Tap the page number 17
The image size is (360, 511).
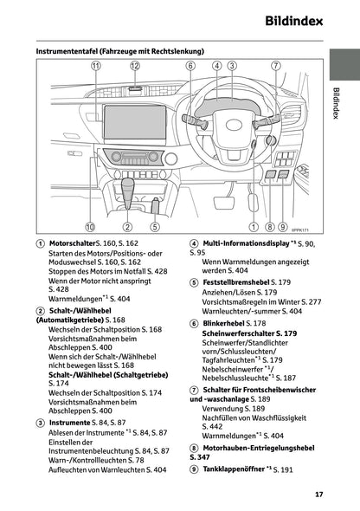click(x=318, y=495)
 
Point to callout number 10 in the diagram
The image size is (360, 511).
click(x=90, y=228)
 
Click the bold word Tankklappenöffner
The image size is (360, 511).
click(x=233, y=469)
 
